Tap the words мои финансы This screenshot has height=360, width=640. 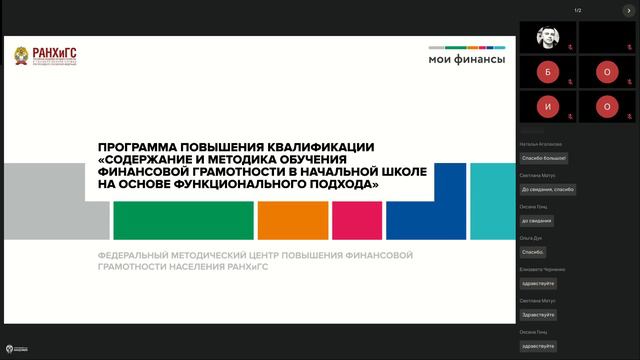coord(467,60)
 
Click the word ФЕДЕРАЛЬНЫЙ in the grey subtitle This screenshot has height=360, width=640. coord(133,256)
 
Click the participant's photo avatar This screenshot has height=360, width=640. coord(547,37)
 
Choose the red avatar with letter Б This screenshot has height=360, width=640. coord(547,72)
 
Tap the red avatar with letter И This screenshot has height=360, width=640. coord(547,106)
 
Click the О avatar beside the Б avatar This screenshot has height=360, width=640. coord(606,72)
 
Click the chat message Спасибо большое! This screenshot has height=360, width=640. coord(544,158)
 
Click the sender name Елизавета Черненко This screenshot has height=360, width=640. coord(543,269)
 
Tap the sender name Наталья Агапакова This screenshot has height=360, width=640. coord(541,144)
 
